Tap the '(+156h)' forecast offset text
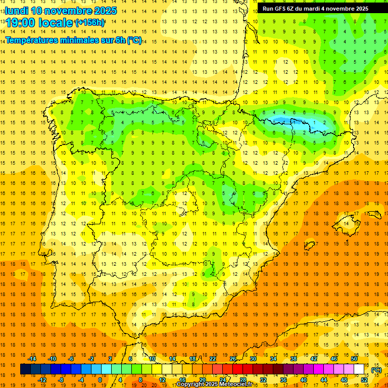pyautogui.click(x=89, y=23)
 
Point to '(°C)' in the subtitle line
pyautogui.click(x=134, y=40)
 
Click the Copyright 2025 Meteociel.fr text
pyautogui.click(x=214, y=384)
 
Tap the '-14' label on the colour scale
pyautogui.click(x=32, y=359)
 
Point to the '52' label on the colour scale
pyautogui.click(x=364, y=380)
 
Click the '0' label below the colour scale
pyautogui.click(x=100, y=380)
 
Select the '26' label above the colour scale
pyautogui.click(x=233, y=359)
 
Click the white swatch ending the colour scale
pyautogui.click(x=359, y=369)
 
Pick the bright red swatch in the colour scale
pyautogui.click(x=238, y=369)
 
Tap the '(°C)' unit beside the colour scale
pyautogui.click(x=376, y=369)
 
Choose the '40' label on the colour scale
pyautogui.click(x=304, y=380)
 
